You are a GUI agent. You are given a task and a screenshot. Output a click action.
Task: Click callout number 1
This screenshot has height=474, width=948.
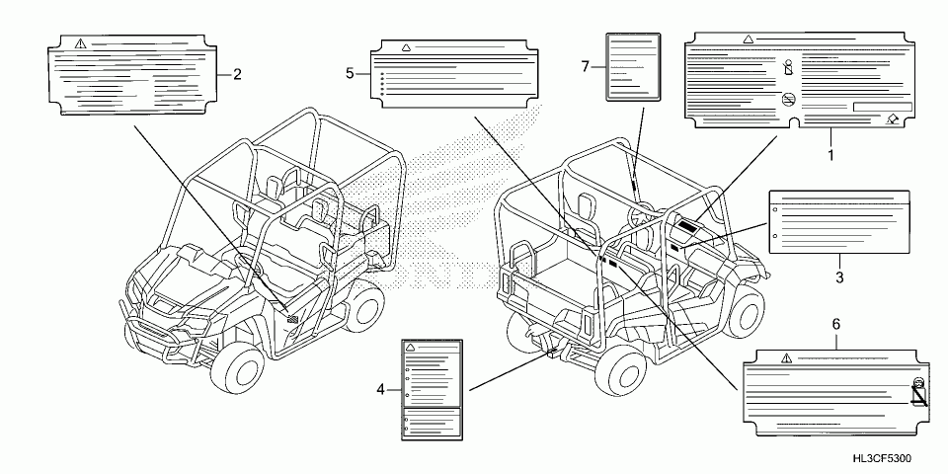tap(830, 155)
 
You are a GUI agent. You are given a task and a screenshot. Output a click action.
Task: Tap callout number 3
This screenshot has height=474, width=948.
tap(839, 277)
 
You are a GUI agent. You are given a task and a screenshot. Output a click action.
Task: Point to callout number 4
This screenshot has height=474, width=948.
tap(379, 389)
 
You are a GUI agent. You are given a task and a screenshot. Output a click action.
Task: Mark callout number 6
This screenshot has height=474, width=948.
tap(836, 324)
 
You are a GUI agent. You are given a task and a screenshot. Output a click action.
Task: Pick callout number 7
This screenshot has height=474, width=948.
tap(585, 66)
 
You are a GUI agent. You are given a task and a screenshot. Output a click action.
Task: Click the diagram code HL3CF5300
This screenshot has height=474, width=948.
tap(883, 460)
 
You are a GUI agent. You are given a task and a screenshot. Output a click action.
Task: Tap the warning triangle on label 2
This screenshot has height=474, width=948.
tap(79, 42)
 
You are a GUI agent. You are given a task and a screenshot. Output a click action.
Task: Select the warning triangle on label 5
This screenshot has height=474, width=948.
tap(406, 47)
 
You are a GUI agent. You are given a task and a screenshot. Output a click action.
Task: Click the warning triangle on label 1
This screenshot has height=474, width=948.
tap(748, 40)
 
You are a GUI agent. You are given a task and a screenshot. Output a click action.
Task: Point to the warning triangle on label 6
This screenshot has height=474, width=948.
tap(785, 356)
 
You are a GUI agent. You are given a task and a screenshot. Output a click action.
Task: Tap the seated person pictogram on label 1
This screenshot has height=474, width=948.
tap(787, 68)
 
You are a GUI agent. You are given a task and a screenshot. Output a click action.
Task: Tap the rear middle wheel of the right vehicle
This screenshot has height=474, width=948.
tap(626, 370)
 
